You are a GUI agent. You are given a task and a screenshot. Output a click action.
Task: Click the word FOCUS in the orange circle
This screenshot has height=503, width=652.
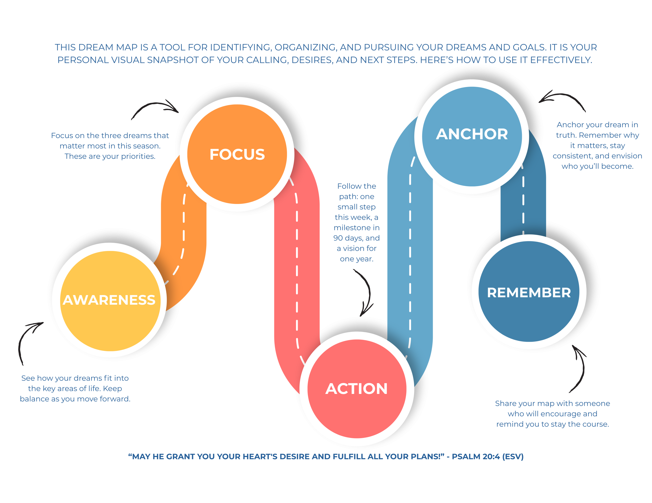coord(237,154)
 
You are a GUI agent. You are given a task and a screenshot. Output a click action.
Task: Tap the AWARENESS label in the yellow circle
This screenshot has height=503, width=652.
coord(109,300)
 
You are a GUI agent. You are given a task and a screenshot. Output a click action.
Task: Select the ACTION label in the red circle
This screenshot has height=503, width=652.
coord(357,389)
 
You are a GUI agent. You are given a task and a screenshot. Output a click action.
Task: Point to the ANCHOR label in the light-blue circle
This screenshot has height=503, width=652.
coord(472,134)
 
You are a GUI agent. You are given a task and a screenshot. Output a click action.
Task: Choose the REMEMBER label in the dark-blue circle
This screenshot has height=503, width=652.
coord(529,293)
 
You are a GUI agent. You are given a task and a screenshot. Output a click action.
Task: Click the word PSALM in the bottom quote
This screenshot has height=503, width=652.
coord(466,456)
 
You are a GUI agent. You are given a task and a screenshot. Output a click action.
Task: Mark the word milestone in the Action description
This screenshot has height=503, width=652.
coord(352,228)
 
